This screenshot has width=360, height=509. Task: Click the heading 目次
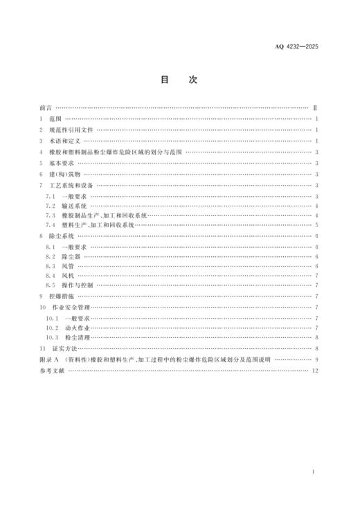click(179, 80)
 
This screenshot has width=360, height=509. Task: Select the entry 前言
click(46, 109)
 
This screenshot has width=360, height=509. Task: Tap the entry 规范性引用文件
click(72, 130)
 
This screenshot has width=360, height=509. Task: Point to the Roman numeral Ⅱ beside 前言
click(315, 109)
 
